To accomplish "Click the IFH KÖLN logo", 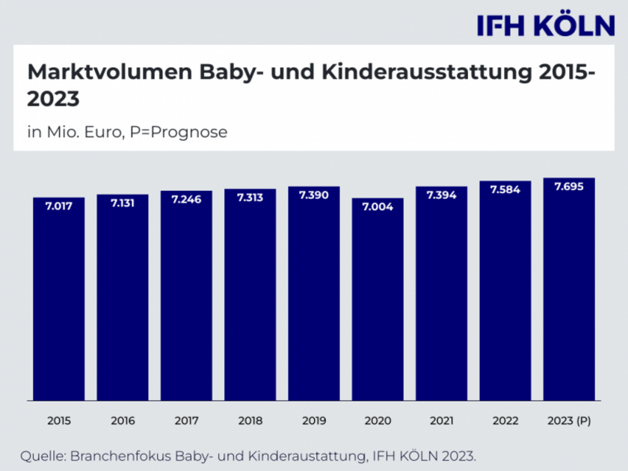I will [x=546, y=25].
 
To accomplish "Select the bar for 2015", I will [x=59, y=299].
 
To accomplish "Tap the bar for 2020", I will [x=378, y=299].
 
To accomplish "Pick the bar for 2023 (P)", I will [x=569, y=292].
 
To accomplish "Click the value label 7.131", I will [x=123, y=203].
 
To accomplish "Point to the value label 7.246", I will [x=186, y=200].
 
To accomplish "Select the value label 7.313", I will [x=250, y=197].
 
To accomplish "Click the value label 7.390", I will [x=314, y=195].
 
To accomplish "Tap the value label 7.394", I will [x=441, y=195].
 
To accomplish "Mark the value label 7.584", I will [x=505, y=190].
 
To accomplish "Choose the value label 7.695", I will [x=569, y=187].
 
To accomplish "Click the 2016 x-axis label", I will [x=123, y=421].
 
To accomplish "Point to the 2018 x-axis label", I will [x=250, y=421].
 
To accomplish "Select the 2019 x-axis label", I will [x=314, y=421].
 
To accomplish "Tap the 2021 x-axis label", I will [x=441, y=421].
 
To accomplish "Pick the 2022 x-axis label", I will [x=505, y=421].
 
